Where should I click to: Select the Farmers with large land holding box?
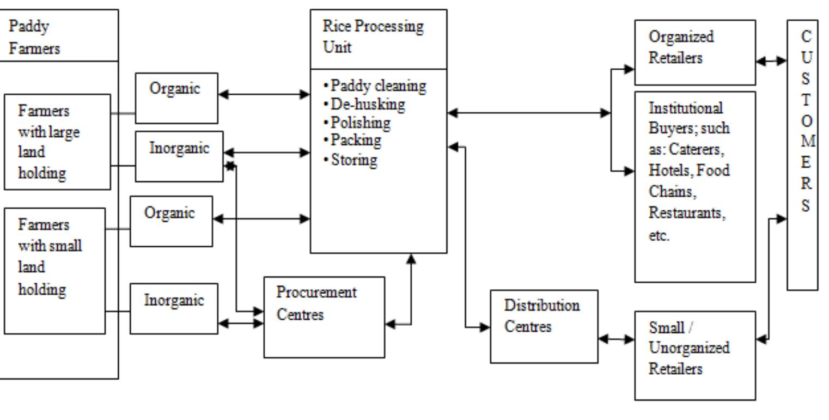click(x=57, y=142)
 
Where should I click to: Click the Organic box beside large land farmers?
click(x=176, y=98)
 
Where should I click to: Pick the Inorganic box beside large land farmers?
click(x=179, y=156)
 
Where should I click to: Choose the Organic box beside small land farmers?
click(x=171, y=221)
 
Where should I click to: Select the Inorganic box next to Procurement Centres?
click(x=174, y=308)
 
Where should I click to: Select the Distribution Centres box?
click(x=543, y=326)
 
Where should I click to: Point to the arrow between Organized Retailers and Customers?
click(x=772, y=62)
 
